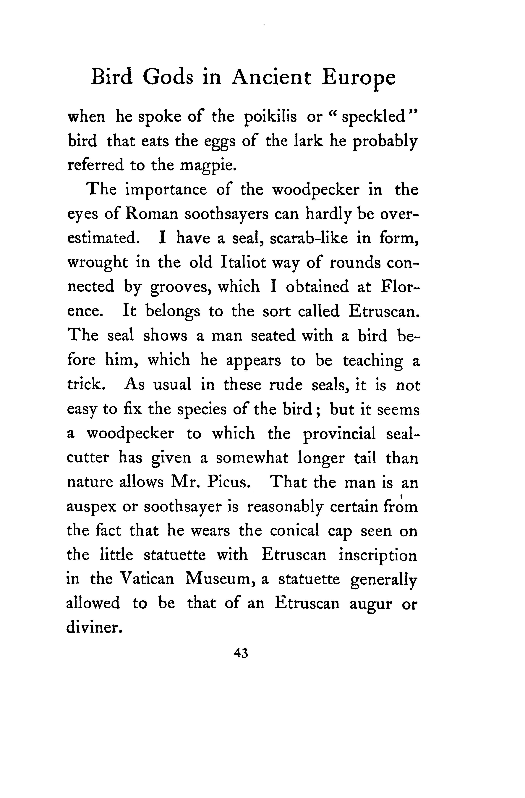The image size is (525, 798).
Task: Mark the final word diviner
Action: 94,628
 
